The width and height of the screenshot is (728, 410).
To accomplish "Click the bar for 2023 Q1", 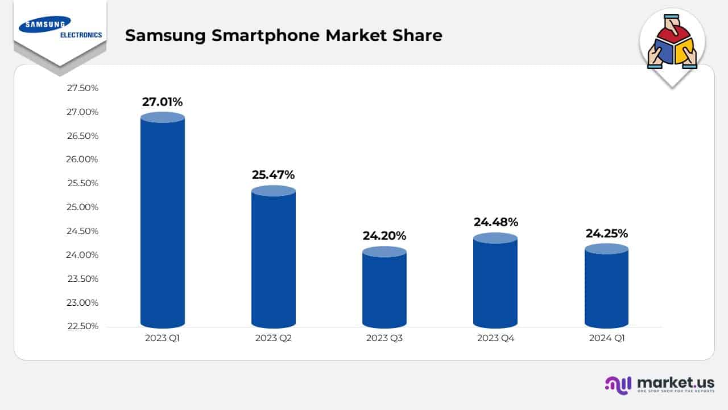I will [163, 222].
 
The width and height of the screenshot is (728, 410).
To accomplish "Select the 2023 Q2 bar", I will [274, 259].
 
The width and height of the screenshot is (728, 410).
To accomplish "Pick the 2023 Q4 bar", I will [495, 282].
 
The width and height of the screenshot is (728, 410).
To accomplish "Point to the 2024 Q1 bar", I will [606, 288].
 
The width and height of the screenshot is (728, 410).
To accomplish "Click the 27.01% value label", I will [163, 102].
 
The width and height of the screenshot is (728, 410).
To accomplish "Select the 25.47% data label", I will [274, 175].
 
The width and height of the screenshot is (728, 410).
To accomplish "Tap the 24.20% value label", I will [384, 236].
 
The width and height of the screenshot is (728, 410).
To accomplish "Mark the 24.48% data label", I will [495, 222].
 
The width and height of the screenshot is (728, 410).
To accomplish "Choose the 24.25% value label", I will [606, 233].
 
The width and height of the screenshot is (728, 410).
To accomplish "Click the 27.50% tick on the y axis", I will [82, 88].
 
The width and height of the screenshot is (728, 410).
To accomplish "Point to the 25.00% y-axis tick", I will [82, 207].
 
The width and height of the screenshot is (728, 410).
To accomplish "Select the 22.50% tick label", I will [82, 326].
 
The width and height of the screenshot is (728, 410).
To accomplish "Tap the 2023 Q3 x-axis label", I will [384, 339].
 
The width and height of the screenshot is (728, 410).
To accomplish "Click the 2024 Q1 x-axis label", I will [606, 339].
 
